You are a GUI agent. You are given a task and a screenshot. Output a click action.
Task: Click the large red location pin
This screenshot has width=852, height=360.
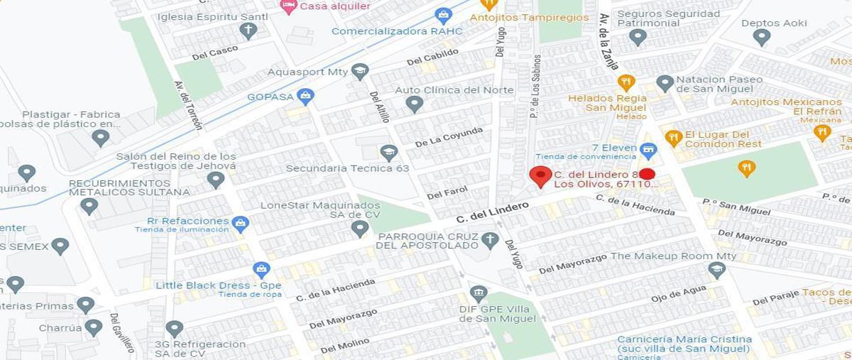[541, 175]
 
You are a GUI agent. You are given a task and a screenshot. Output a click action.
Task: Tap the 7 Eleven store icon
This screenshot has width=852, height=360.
[647, 150]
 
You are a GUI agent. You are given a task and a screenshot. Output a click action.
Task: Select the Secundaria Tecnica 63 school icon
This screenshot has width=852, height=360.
[388, 152]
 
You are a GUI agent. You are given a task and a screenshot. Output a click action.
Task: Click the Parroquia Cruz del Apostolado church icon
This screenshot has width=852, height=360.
[489, 239]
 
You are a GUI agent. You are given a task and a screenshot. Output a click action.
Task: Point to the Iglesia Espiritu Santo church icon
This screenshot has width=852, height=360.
[248, 30]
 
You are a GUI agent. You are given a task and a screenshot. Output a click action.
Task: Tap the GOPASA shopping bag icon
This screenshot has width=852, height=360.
[305, 96]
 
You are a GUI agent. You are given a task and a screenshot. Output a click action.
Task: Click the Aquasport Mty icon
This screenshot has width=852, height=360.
[360, 71]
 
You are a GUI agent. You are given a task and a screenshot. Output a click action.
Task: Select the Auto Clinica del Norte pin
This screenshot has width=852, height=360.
[415, 104]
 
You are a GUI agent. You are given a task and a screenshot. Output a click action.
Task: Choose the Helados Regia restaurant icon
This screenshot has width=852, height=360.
[626, 82]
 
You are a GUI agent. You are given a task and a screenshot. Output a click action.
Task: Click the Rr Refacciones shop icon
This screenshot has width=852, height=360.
[240, 223]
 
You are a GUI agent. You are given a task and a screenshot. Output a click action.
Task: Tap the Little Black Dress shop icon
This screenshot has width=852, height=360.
[261, 270]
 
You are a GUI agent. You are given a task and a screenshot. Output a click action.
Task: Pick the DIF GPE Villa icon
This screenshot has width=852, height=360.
[479, 293]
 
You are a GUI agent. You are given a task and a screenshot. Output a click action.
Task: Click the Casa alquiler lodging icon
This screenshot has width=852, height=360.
[288, 6]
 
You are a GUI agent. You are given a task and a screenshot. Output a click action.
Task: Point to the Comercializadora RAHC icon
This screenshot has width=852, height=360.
[443, 15]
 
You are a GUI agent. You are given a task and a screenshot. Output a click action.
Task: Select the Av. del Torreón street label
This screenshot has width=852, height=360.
[188, 105]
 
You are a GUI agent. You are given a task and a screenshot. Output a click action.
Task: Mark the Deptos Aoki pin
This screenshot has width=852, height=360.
[762, 37]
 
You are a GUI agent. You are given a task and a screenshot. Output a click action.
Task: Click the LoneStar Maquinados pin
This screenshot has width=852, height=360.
[360, 228]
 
